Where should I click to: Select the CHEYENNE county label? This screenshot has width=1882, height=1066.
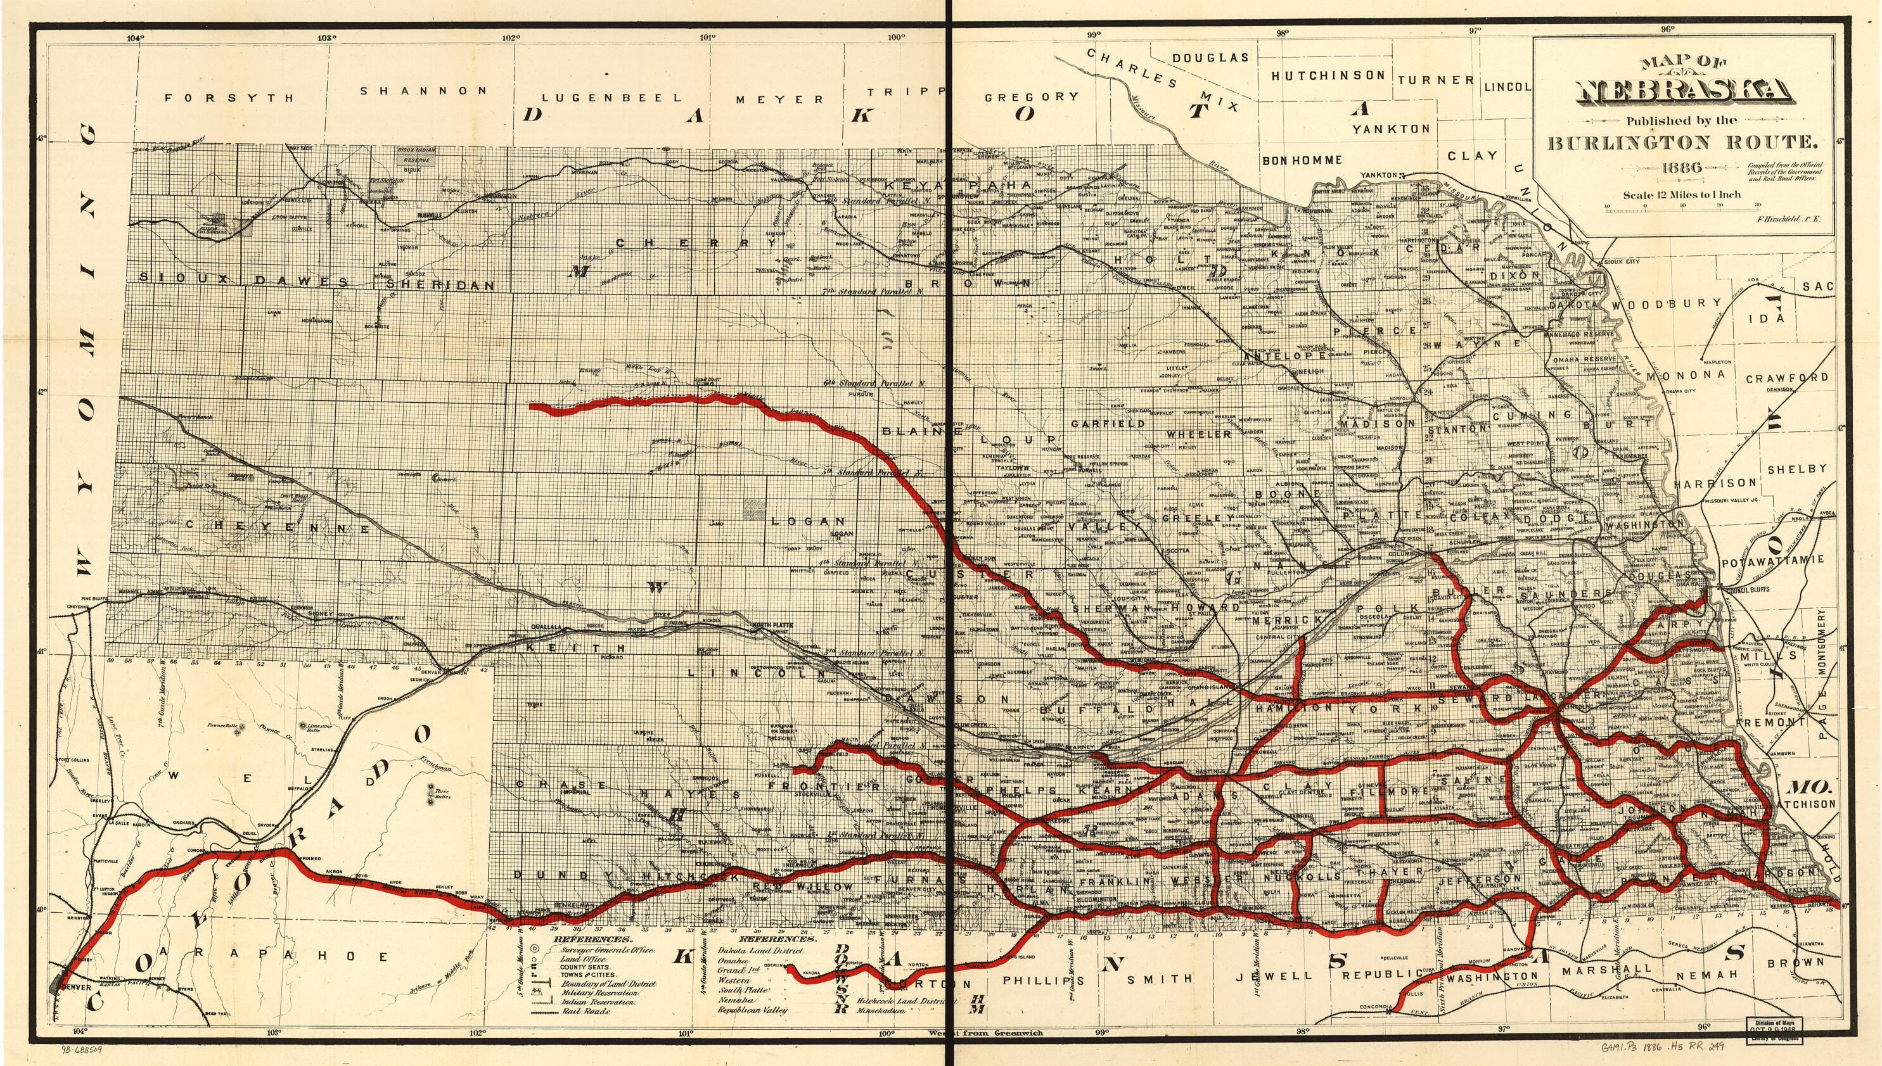tap(277, 527)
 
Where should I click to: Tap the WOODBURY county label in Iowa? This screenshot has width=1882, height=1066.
tap(1657, 303)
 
